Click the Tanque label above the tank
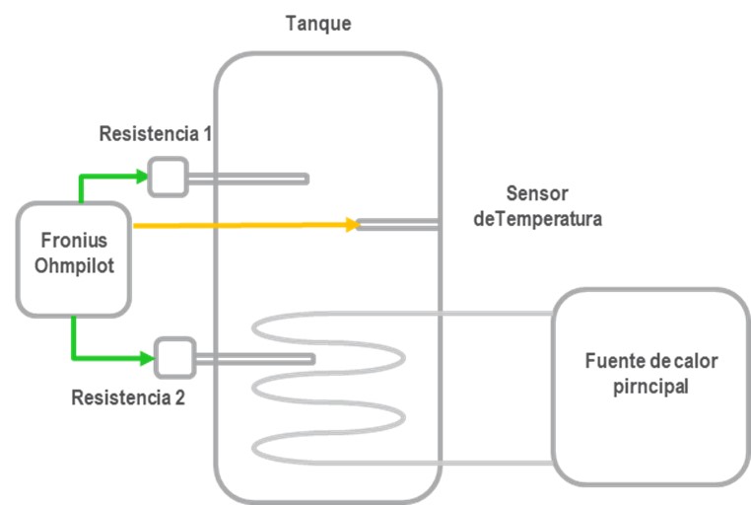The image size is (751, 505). (x=317, y=23)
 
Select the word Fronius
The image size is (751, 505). (x=74, y=242)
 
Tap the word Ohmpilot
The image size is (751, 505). (x=74, y=265)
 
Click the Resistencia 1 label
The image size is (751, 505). (x=156, y=134)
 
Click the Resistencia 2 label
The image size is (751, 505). (x=128, y=398)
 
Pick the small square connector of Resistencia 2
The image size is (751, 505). (x=173, y=358)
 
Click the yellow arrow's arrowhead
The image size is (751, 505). (x=350, y=225)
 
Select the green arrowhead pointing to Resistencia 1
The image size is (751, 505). (x=141, y=177)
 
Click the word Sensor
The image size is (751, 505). (x=537, y=193)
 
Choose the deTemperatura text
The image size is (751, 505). (x=537, y=219)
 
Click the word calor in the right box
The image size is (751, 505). (x=695, y=360)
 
